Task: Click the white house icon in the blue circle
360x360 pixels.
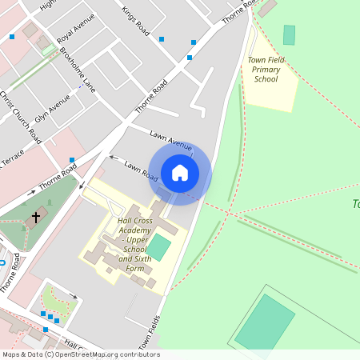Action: (x=180, y=172)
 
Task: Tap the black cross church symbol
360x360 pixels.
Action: (x=35, y=217)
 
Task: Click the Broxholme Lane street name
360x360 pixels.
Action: (x=78, y=70)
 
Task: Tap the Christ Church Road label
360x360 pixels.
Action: (x=21, y=118)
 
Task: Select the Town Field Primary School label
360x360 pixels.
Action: (x=267, y=70)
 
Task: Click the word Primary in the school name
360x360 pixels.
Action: (x=267, y=70)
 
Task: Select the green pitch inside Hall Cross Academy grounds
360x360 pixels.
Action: (x=160, y=246)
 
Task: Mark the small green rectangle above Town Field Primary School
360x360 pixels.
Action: (x=289, y=35)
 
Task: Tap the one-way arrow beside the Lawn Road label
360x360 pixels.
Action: (x=113, y=158)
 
